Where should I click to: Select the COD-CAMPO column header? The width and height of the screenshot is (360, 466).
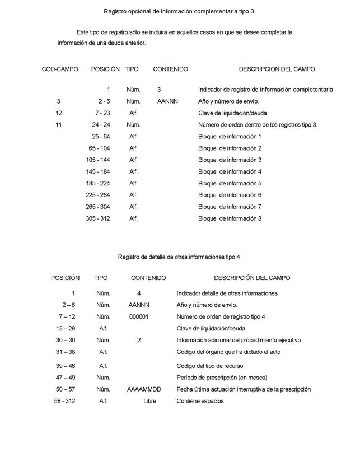pyautogui.click(x=60, y=69)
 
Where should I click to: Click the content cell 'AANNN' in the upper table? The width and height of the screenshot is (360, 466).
pyautogui.click(x=167, y=101)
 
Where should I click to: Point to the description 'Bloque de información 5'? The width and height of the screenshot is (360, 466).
pyautogui.click(x=230, y=184)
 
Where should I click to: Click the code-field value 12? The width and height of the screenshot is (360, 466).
pyautogui.click(x=59, y=113)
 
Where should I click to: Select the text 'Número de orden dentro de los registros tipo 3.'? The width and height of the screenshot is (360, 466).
pyautogui.click(x=258, y=125)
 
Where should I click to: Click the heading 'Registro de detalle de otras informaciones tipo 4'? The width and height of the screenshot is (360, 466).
pyautogui.click(x=179, y=257)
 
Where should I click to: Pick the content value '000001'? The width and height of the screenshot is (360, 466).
pyautogui.click(x=139, y=317)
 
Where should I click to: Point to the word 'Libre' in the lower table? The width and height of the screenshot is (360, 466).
pyautogui.click(x=149, y=401)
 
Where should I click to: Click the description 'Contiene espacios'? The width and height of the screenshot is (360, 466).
pyautogui.click(x=200, y=401)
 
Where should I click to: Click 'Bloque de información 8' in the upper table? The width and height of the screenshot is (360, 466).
pyautogui.click(x=230, y=219)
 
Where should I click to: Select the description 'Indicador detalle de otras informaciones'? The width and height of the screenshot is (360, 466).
pyautogui.click(x=227, y=293)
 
